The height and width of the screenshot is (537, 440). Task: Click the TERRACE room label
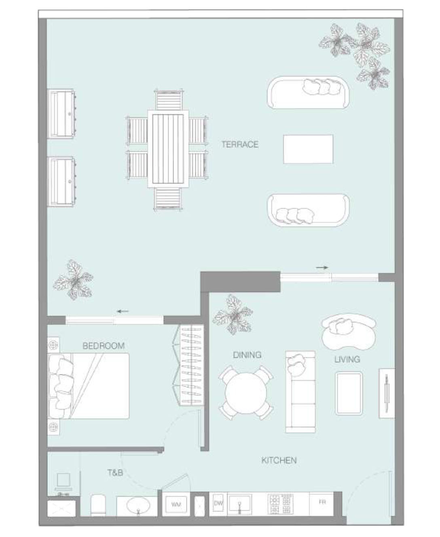point(240,144)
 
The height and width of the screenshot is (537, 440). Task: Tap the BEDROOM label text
point(104,346)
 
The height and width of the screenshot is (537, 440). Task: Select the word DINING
point(247,355)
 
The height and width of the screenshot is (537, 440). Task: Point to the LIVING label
point(347,359)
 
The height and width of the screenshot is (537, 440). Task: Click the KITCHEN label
point(279,460)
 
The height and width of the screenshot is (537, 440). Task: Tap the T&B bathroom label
point(115,473)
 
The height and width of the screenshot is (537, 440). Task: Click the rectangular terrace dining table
point(168,149)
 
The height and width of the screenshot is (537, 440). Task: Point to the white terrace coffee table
point(308,149)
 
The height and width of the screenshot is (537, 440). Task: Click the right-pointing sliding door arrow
point(322,268)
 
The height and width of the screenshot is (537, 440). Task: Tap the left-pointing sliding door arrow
point(123,311)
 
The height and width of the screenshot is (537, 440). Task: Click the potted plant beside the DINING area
point(233,315)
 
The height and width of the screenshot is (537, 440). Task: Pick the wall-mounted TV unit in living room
point(387,393)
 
